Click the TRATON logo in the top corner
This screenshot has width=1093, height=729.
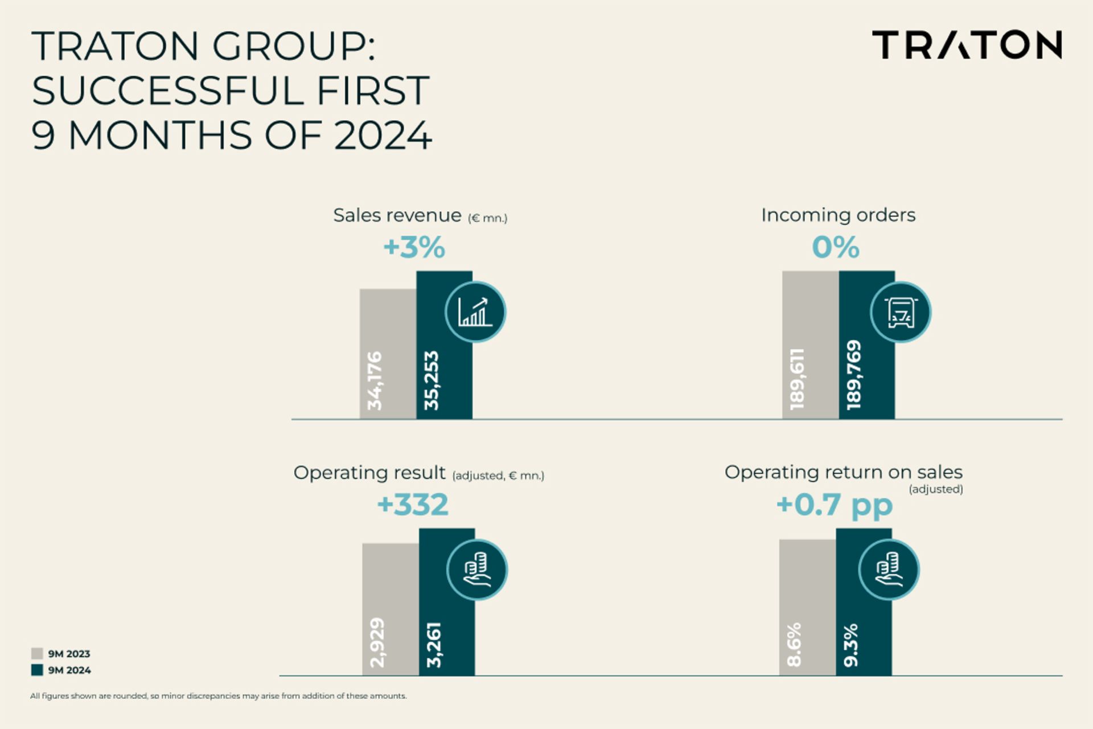pos(967,45)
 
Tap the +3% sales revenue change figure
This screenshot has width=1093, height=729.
pos(414,248)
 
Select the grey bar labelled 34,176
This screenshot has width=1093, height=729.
pos(388,353)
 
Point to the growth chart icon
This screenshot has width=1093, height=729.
pos(475,312)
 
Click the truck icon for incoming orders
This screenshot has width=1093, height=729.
pos(900,312)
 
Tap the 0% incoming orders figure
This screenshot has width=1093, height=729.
pos(835,248)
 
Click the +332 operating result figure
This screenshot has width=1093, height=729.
pos(413,505)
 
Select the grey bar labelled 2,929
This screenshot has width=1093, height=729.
pos(391,609)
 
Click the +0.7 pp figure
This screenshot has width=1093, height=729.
pos(834,505)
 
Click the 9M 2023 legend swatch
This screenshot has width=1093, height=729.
pos(37,653)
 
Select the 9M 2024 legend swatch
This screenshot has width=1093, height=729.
pos(37,670)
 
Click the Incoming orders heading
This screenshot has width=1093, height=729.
pos(838,215)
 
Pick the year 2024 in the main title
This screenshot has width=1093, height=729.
pos(383,136)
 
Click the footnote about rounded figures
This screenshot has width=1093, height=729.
pos(219,696)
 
